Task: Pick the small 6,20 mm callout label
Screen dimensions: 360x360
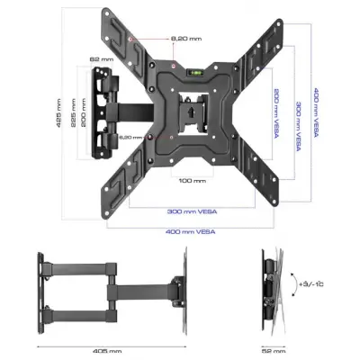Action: pyautogui.click(x=132, y=137)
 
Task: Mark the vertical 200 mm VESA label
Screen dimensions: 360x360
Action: pyautogui.click(x=273, y=111)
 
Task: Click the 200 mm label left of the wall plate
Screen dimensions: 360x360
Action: pyautogui.click(x=83, y=112)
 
